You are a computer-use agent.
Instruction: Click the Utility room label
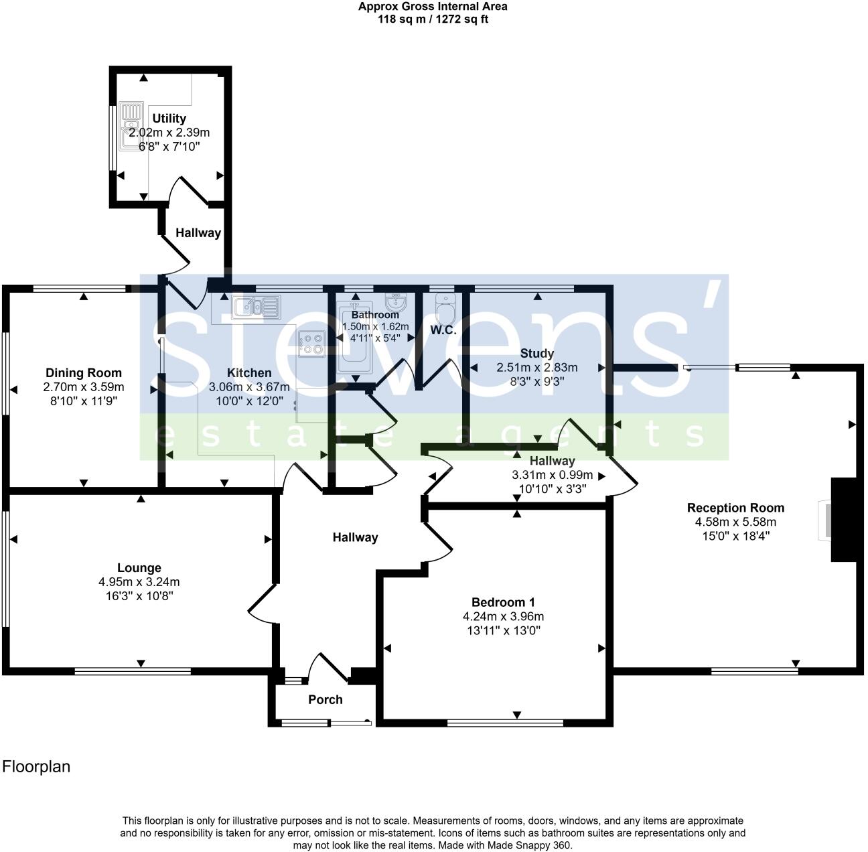(x=169, y=119)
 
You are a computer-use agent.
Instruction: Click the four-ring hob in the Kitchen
(x=311, y=344)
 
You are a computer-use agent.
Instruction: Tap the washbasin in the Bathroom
(x=396, y=301)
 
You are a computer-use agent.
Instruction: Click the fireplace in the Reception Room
(x=843, y=520)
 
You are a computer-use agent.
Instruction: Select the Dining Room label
(x=84, y=373)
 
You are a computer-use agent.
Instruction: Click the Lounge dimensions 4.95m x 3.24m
(x=139, y=582)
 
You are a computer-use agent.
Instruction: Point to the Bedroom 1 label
(x=503, y=602)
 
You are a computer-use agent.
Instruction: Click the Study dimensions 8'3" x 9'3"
(x=536, y=381)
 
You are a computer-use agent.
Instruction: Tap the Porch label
(x=325, y=699)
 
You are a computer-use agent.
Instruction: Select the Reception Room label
(x=735, y=508)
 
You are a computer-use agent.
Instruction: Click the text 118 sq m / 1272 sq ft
(x=433, y=19)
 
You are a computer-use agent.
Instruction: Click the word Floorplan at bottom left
(x=36, y=767)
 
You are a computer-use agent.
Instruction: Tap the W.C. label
(x=443, y=330)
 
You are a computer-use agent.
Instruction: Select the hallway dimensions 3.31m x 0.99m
(x=553, y=475)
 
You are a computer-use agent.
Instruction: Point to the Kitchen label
(x=249, y=373)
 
